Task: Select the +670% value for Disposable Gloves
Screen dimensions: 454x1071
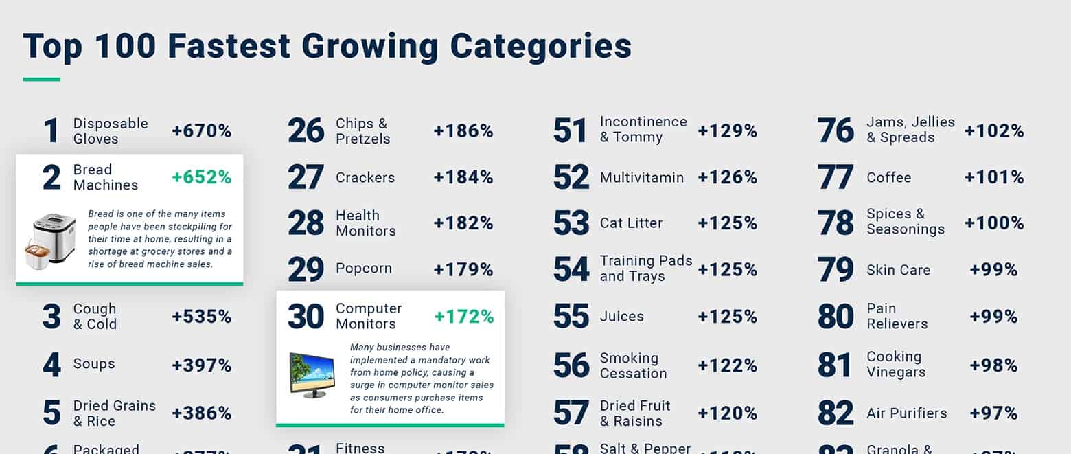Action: [201, 131]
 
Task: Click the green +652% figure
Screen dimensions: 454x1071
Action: [201, 177]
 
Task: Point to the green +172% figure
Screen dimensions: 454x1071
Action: [463, 317]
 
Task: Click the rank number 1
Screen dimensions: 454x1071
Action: [51, 131]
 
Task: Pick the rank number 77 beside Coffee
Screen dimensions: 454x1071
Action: [836, 177]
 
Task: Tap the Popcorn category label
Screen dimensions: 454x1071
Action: [364, 269]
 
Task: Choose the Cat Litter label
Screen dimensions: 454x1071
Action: [631, 223]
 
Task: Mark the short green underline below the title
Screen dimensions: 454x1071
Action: [41, 80]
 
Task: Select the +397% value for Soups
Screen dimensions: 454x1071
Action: [201, 365]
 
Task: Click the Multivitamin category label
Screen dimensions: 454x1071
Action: [641, 178]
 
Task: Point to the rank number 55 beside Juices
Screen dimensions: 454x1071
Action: [571, 317]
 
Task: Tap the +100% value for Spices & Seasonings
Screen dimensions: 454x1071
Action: [993, 223]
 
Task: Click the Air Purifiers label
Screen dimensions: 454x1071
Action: [906, 413]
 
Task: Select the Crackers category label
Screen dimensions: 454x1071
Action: [365, 178]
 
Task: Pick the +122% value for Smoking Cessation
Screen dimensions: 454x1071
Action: [727, 365]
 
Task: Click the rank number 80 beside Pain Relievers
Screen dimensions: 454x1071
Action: [836, 317]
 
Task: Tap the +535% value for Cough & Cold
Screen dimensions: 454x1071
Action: [201, 317]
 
